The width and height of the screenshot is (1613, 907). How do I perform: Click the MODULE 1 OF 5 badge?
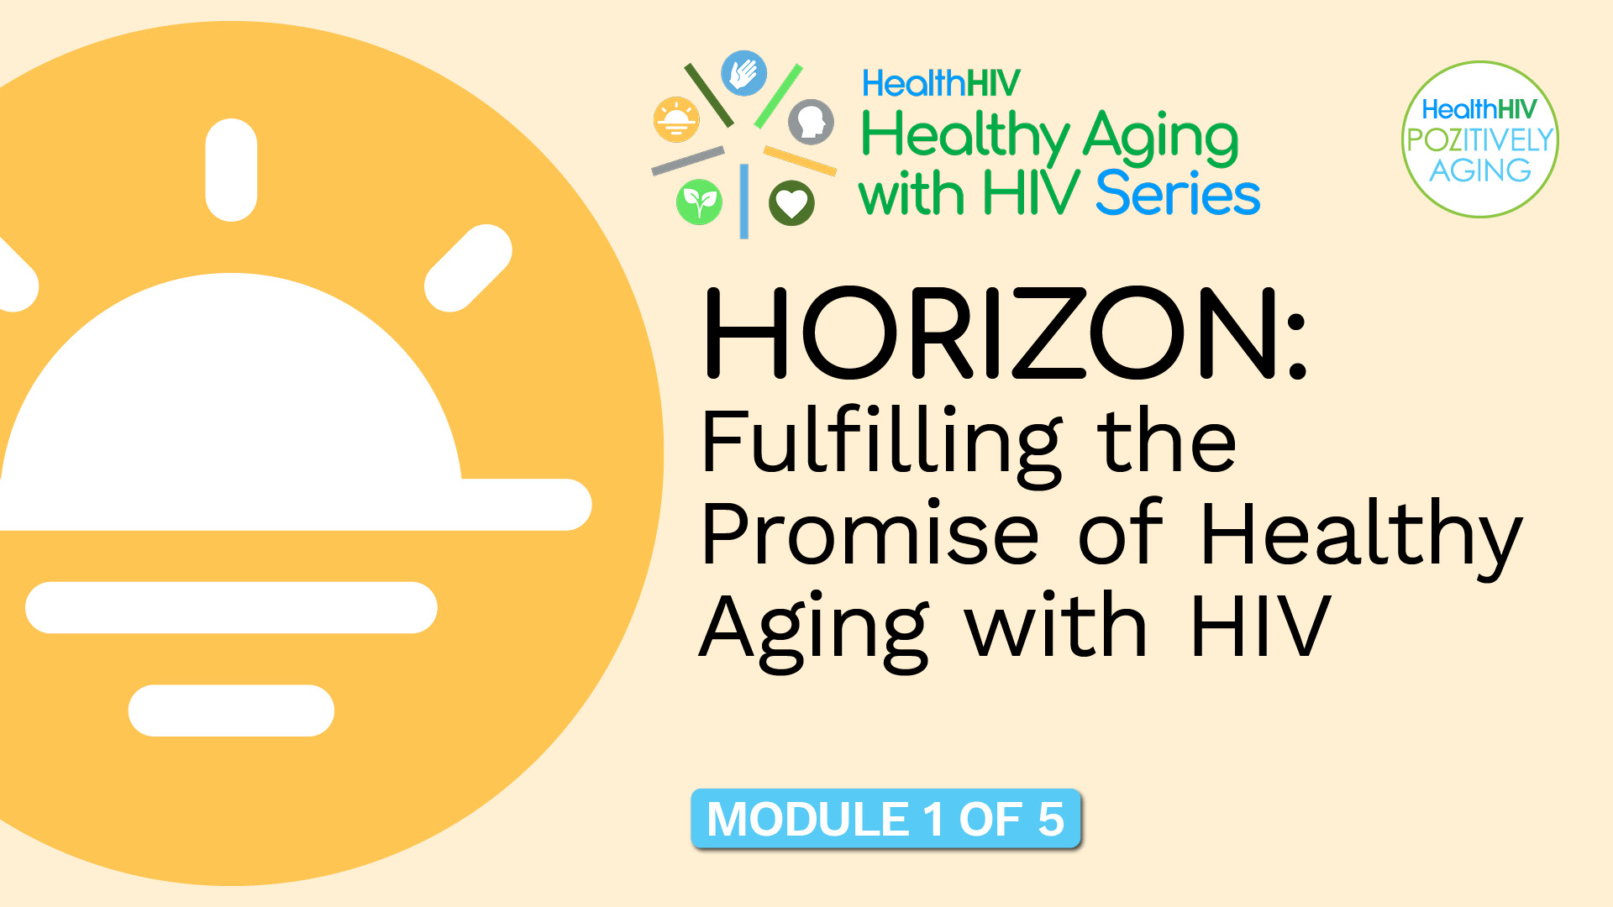885,819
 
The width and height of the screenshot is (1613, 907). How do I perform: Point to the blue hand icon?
743,74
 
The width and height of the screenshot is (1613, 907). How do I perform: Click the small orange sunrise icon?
675,120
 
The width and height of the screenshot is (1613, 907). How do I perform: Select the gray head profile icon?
811,122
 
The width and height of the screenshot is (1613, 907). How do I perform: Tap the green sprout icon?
699,202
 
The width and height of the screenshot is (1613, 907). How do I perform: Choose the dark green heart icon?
791,202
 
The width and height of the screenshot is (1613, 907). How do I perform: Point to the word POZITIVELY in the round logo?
1479,140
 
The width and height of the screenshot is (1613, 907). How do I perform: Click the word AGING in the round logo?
1480,170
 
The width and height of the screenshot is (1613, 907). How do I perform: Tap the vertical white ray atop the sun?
231,170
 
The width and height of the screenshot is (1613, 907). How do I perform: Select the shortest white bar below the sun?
231,710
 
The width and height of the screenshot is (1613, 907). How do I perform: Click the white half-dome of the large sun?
231,386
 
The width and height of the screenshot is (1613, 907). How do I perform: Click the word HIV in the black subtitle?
1260,627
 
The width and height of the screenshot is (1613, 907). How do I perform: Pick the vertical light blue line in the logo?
743,202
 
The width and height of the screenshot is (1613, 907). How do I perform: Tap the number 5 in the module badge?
1050,819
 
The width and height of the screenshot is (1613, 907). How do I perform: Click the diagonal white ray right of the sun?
468,268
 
